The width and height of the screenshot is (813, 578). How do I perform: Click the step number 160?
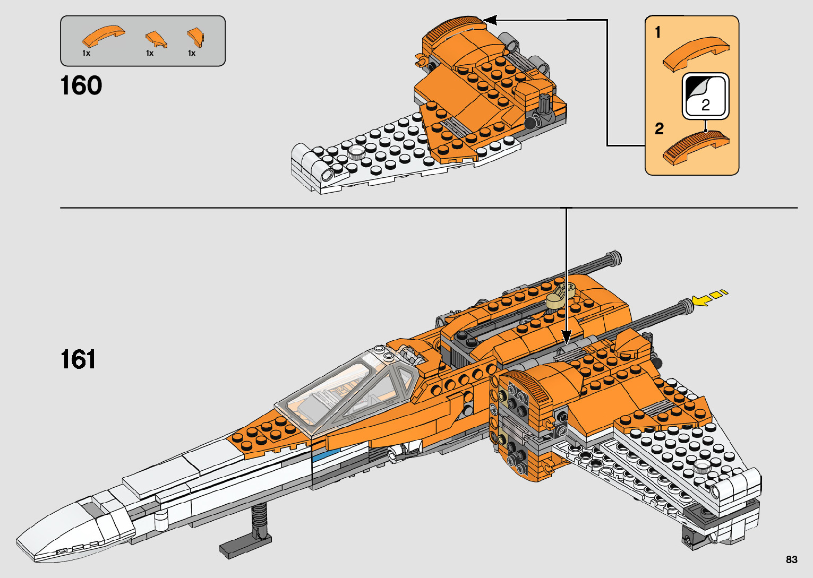[81, 86]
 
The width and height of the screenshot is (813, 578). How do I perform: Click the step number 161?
[78, 360]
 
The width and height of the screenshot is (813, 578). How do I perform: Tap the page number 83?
[791, 559]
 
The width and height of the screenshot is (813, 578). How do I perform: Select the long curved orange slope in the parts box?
[103, 37]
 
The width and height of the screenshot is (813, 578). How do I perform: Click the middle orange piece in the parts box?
[156, 39]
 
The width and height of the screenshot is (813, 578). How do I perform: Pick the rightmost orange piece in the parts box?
[195, 37]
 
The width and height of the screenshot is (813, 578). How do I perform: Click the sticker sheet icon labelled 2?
[705, 96]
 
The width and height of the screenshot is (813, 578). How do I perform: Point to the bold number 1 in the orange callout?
[657, 32]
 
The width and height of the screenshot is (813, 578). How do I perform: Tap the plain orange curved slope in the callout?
[696, 54]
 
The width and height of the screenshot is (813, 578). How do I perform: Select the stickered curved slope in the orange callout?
[696, 146]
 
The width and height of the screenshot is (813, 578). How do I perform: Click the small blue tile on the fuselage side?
[319, 455]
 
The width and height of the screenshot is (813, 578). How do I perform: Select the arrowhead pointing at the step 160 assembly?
[489, 20]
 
